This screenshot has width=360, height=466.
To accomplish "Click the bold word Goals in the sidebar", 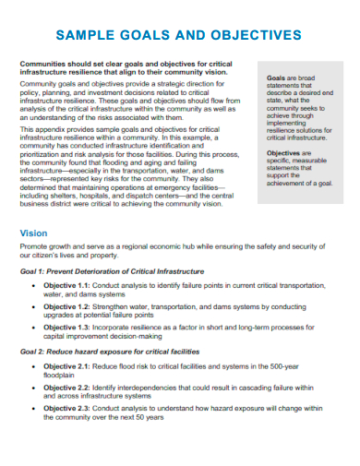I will [x=275, y=78].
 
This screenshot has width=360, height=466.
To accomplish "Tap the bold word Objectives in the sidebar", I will [x=284, y=152].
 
